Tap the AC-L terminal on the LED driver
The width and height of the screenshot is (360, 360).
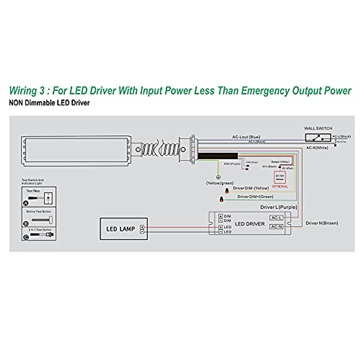tap(276, 218)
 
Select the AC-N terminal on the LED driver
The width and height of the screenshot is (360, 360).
tap(276, 227)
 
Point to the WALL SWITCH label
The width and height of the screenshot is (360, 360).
tap(318, 128)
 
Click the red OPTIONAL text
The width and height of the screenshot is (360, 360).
tap(280, 186)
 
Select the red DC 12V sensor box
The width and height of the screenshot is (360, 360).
tap(280, 177)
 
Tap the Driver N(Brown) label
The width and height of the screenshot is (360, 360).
tap(322, 223)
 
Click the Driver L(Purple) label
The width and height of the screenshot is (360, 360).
tap(279, 207)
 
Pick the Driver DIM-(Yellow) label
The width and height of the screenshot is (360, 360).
tap(251, 188)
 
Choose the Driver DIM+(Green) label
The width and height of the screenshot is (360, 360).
tap(255, 197)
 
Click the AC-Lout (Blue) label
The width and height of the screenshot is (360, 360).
tap(246, 137)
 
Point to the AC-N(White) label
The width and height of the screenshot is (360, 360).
tap(317, 148)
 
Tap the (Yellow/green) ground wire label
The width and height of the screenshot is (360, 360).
tap(220, 183)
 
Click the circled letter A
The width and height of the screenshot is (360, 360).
tap(26, 203)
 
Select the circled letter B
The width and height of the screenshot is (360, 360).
tap(26, 223)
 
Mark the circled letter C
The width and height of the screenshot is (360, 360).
tap(26, 237)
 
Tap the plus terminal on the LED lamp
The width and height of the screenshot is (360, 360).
tap(142, 227)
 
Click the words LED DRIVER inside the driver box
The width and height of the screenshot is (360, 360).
tap(250, 224)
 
